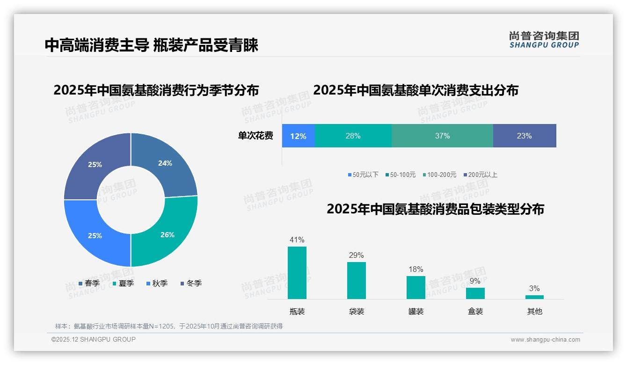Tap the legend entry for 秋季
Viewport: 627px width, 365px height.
point(157,284)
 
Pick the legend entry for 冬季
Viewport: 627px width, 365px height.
point(191,284)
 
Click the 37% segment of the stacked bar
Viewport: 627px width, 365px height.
point(442,136)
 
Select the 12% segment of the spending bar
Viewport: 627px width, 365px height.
point(298,136)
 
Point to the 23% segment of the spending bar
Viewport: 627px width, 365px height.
point(524,136)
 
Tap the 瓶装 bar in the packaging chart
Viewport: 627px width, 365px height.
point(297,273)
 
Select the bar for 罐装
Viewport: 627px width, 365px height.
point(416,287)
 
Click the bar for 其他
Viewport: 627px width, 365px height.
point(534,297)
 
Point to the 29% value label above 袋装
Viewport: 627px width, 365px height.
point(356,255)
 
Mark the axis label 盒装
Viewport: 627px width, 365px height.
point(475,312)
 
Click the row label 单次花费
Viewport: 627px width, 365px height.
point(255,136)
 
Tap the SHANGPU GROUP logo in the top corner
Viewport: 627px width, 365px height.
point(544,40)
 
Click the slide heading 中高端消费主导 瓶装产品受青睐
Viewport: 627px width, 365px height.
point(152,45)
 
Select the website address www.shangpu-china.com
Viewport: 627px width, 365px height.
point(545,340)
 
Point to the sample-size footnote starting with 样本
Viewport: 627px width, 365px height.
point(169,327)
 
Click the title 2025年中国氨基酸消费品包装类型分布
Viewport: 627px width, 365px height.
point(435,209)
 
